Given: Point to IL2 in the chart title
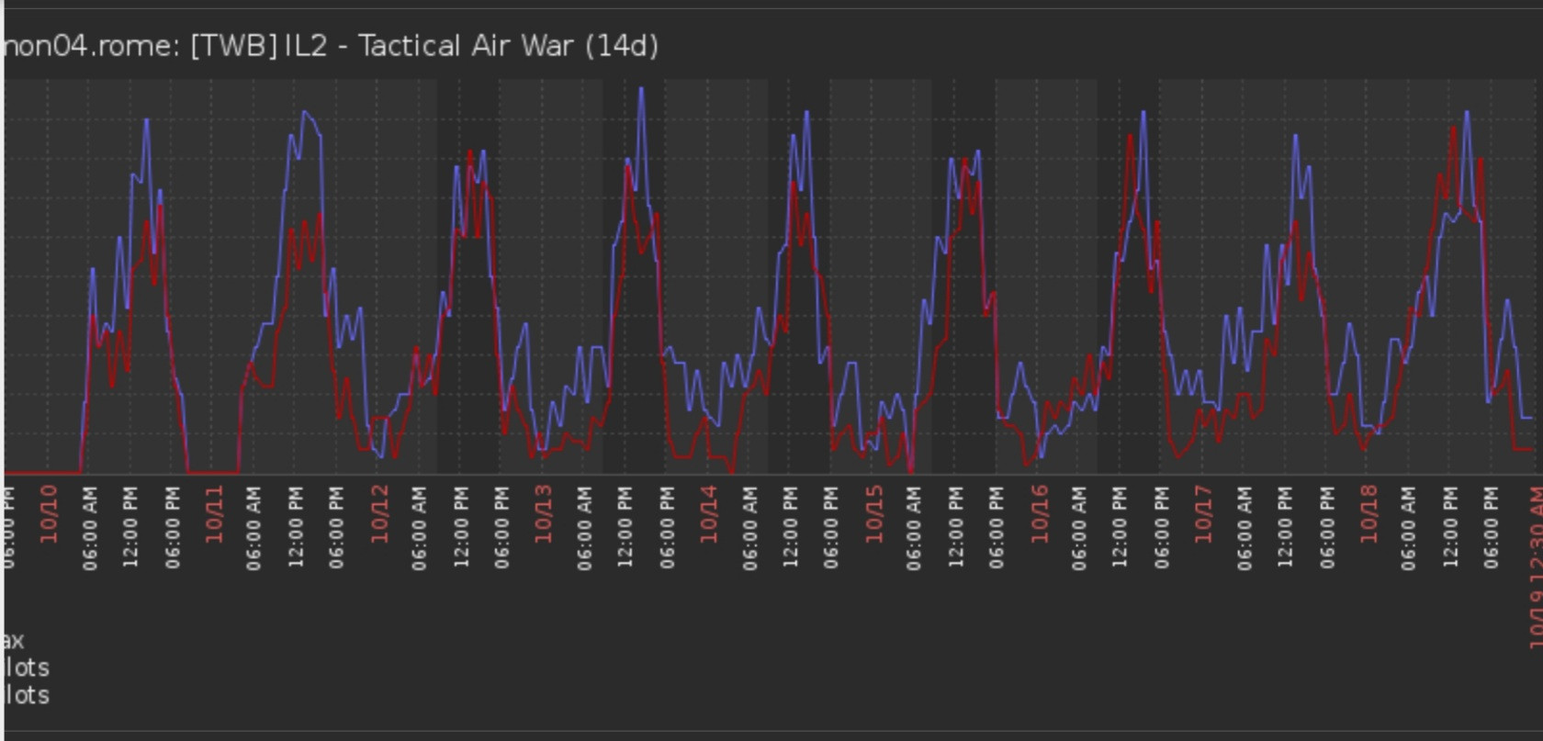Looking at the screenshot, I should (x=306, y=46).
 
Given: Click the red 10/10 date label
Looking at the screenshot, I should (x=49, y=514).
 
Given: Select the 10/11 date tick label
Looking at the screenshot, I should (x=214, y=514).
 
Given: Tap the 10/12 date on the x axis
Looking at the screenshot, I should (x=379, y=514).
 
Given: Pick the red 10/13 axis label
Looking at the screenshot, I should (x=544, y=514).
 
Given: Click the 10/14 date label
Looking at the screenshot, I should (x=709, y=514).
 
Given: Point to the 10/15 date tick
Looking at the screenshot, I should (x=873, y=514).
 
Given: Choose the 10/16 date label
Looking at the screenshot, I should (x=1039, y=514).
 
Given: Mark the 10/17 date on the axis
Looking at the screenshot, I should (x=1204, y=514).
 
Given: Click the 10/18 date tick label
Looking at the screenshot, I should (x=1368, y=514).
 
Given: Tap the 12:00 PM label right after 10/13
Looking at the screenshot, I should (x=625, y=527).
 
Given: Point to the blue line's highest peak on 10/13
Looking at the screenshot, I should (x=641, y=88).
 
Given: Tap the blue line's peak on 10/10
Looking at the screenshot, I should (x=146, y=119).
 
